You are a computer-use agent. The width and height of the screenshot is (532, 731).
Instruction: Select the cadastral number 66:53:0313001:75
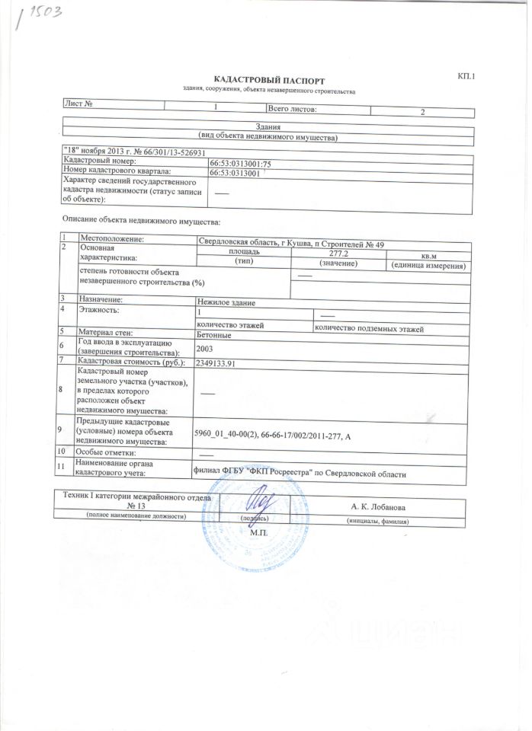(235, 163)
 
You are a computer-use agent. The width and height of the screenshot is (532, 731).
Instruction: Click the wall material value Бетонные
(213, 335)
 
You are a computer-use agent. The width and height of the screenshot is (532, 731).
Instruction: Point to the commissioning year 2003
(204, 349)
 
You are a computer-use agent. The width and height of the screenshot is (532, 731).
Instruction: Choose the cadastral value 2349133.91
(219, 363)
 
